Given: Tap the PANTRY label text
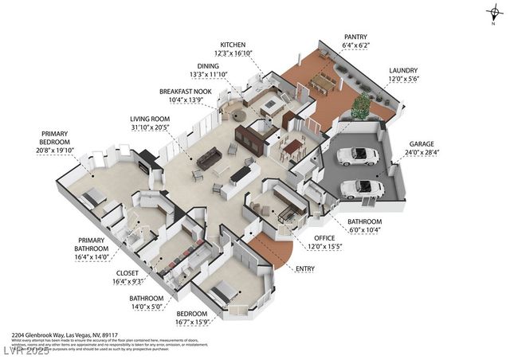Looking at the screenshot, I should [355, 37].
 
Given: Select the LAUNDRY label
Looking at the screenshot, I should [402, 71].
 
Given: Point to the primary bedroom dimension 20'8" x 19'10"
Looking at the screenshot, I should [53, 150].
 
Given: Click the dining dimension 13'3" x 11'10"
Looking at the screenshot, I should [207, 74].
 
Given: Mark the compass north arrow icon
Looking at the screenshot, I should [494, 11].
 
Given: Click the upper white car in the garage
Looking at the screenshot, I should [358, 156].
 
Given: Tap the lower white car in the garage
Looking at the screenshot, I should [361, 188].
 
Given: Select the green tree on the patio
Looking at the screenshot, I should [361, 104].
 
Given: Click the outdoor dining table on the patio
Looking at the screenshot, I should [323, 82].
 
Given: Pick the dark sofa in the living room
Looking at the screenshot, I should [210, 158].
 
